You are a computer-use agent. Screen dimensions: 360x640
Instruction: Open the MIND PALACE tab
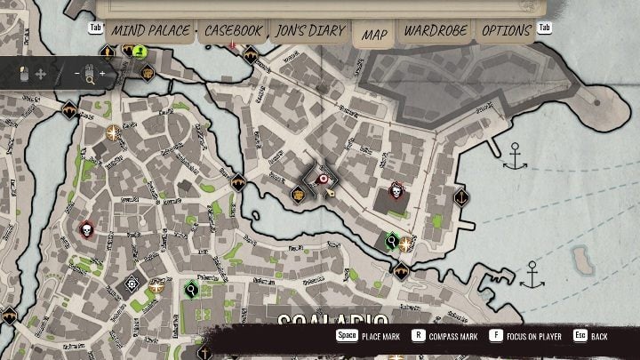coord(149,31)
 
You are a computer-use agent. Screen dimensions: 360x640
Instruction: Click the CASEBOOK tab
coord(233,31)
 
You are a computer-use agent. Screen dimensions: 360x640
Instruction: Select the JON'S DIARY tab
coord(310,31)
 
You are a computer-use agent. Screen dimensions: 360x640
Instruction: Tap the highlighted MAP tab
coord(375,34)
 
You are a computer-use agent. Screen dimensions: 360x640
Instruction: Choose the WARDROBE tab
coord(436,31)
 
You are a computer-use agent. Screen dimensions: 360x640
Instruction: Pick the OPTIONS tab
coord(506,31)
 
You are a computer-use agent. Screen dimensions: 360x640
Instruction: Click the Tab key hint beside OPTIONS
coord(545,28)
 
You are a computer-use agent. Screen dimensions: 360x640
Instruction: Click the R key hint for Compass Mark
coord(417,337)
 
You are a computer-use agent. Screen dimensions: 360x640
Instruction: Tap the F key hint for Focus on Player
coord(496,337)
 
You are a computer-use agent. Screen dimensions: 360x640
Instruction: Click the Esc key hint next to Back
coord(580,337)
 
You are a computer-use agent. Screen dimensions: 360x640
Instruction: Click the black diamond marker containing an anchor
coord(460,197)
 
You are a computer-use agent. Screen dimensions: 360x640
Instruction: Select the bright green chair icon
coord(139,51)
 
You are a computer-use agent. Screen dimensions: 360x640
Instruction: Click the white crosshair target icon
coord(132,284)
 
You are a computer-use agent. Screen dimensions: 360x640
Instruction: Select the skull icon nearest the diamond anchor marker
coord(396,191)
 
